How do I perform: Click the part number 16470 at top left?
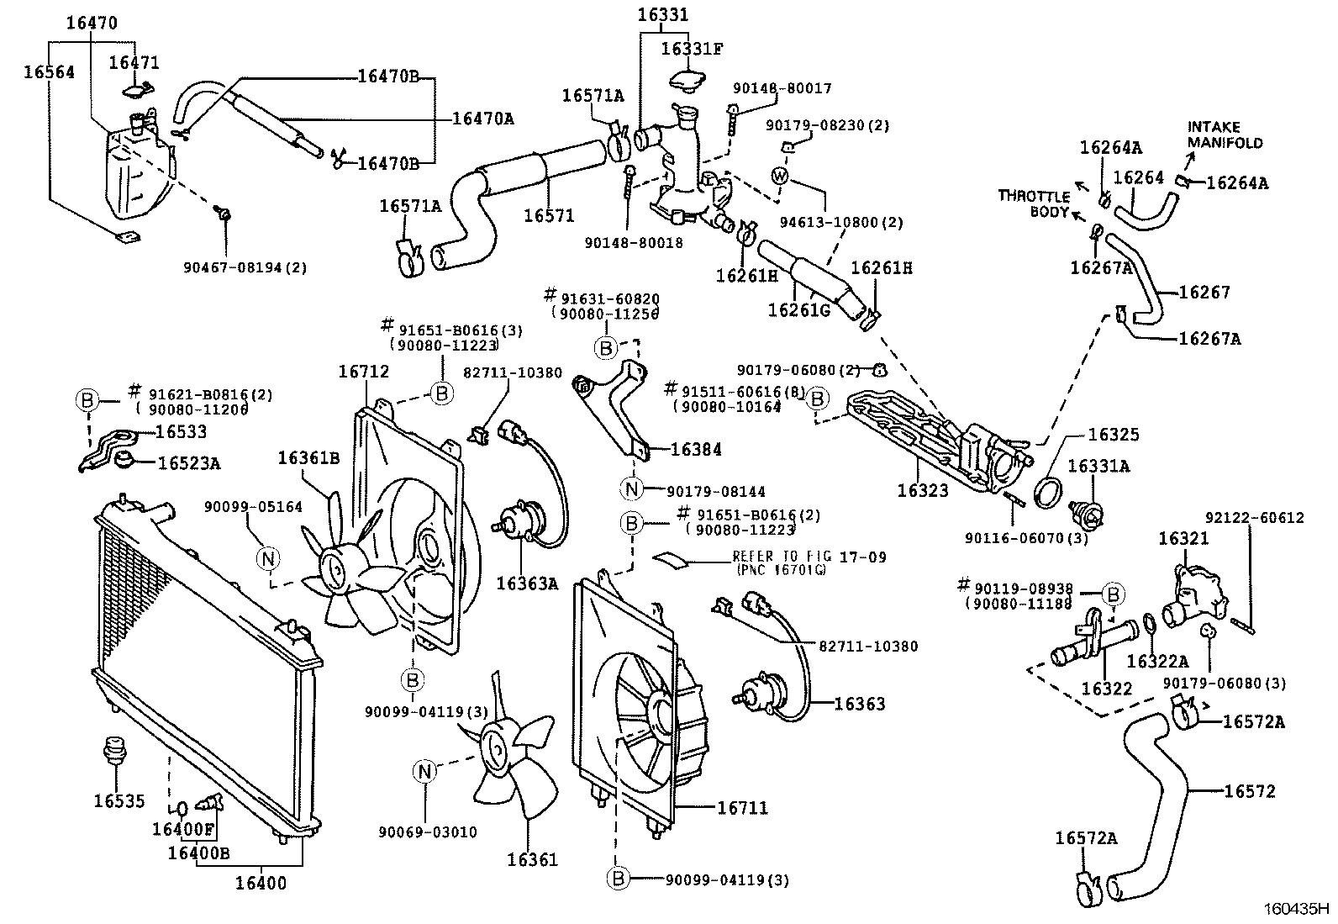coord(92,24)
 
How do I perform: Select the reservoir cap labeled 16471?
coord(139,89)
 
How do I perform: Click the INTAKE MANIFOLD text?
coord(1225,135)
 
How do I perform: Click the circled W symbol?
coord(780,176)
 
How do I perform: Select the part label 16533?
coord(182,433)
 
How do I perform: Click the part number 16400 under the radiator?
coord(261,883)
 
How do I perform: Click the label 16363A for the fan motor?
coord(527,583)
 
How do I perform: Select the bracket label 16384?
coord(696,450)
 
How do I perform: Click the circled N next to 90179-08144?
coord(632,488)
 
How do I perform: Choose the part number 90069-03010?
coord(428,832)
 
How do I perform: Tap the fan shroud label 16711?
coord(742,808)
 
